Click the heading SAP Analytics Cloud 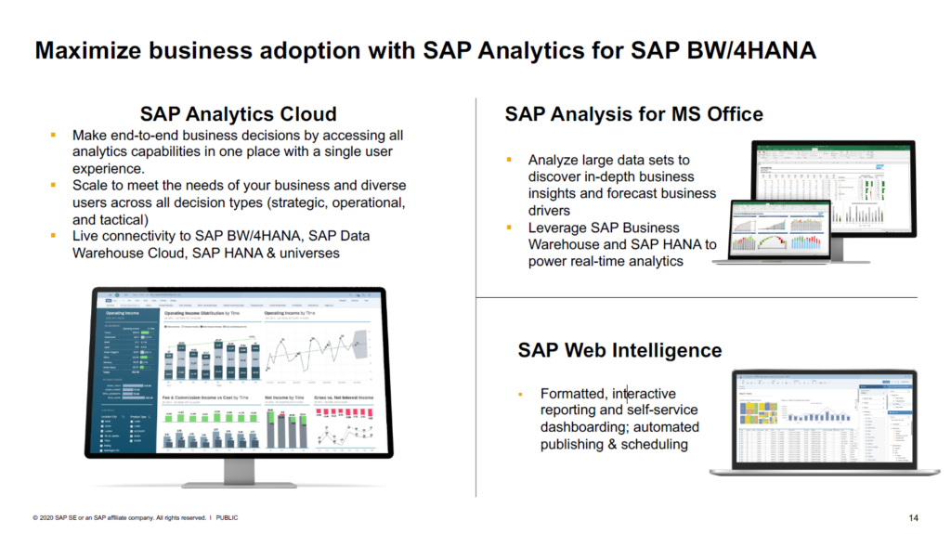pos(238,114)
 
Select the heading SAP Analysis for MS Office pos(634,114)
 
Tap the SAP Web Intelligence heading pos(619,350)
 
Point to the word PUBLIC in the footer pos(227,517)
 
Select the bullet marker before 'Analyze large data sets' pos(509,160)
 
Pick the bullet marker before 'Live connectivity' pos(53,237)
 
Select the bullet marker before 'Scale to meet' pos(53,187)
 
